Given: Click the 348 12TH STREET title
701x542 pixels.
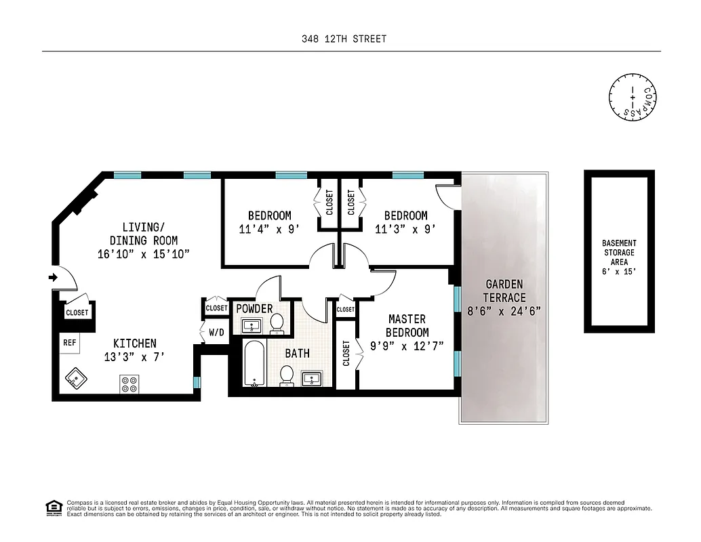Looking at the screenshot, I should [x=344, y=39].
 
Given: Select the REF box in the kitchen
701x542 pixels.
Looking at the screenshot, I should [x=69, y=343].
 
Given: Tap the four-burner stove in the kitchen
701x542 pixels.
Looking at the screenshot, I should [x=129, y=384].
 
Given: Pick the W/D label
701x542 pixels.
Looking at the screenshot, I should [x=216, y=333].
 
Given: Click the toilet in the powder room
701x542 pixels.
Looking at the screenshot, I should [x=277, y=325].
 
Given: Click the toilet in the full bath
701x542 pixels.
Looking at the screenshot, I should [x=287, y=375].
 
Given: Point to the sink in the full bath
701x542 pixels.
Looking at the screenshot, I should [x=313, y=378].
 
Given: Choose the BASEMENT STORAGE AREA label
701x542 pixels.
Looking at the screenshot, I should [x=618, y=252].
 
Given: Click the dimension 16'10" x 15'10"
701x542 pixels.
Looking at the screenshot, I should [x=143, y=254].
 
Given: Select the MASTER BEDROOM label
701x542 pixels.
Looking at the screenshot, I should [x=407, y=325].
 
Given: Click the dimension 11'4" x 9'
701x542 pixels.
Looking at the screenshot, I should [x=269, y=229].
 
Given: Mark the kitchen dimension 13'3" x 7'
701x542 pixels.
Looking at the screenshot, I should [x=134, y=356].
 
